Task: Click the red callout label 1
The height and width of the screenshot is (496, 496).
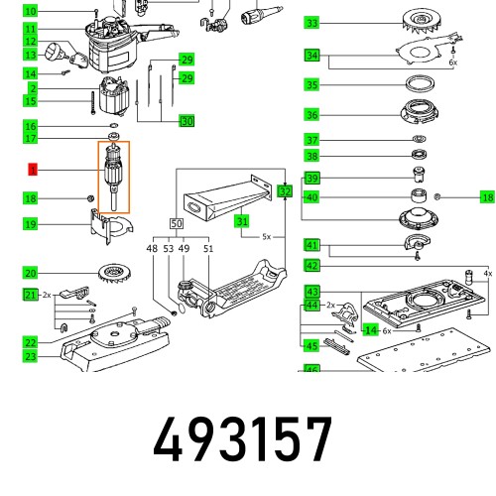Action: [31, 171]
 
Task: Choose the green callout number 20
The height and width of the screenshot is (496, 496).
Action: [31, 273]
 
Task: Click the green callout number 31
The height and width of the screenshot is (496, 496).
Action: [241, 221]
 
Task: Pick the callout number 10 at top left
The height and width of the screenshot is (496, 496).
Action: [31, 11]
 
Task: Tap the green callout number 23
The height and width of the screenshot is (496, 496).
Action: [31, 356]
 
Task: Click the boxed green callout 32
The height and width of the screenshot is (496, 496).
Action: [285, 190]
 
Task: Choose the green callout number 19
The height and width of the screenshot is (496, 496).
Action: [31, 225]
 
